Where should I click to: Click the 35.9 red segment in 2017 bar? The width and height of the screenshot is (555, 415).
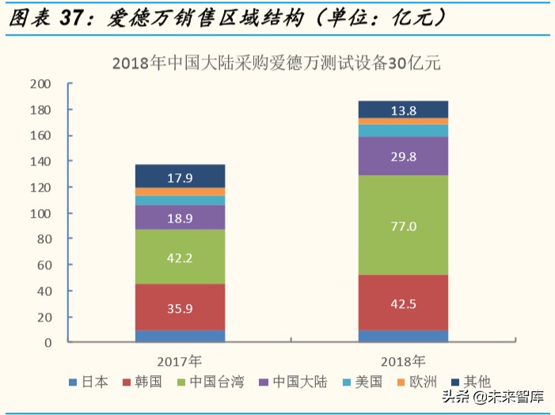(180, 306)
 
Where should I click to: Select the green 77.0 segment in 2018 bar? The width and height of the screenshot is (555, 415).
(403, 225)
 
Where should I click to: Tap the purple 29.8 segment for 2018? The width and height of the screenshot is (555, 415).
(403, 156)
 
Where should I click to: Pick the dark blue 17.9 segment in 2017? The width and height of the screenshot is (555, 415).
(180, 176)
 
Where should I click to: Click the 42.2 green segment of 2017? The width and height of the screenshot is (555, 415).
(180, 257)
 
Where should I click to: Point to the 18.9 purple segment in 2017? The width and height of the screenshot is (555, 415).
(180, 217)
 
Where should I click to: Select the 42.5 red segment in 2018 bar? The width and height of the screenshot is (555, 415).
(403, 303)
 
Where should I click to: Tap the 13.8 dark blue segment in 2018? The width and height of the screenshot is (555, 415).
(403, 110)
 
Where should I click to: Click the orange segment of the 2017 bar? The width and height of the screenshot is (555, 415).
(180, 192)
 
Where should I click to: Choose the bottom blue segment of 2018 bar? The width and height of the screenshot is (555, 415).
(403, 336)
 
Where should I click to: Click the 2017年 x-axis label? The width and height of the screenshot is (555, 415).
(180, 360)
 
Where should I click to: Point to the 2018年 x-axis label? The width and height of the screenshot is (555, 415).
(403, 360)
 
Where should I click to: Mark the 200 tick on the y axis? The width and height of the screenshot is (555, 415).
(40, 84)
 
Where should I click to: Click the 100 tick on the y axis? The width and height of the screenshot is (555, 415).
(40, 214)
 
